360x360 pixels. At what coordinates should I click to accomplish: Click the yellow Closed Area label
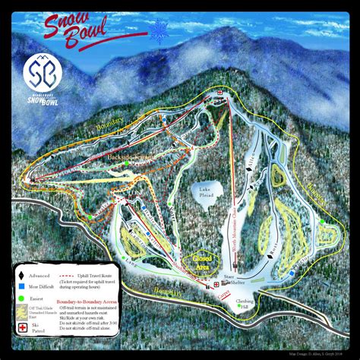201,261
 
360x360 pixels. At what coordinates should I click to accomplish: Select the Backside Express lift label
112,155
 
